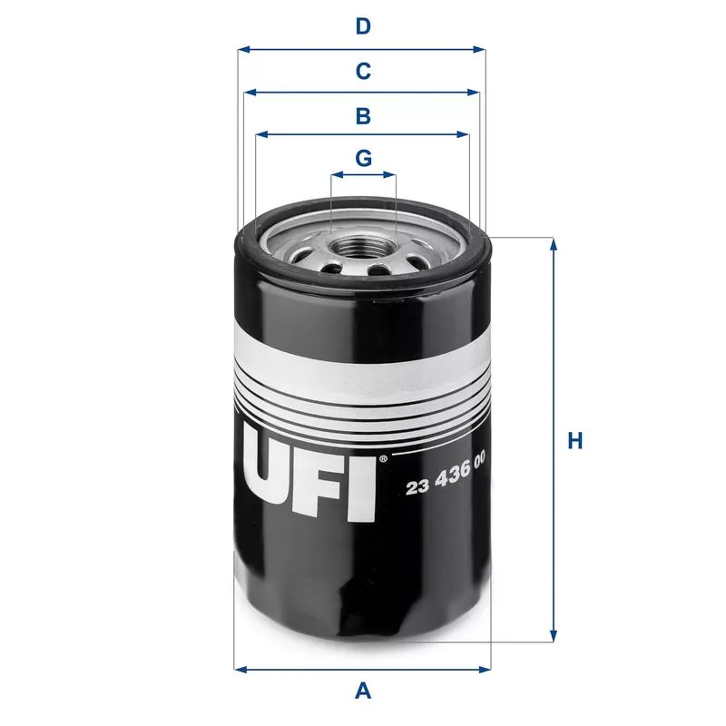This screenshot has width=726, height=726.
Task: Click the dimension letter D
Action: tap(363, 26)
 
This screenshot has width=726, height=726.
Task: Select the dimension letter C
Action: tap(363, 70)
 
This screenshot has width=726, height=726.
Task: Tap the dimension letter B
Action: tap(363, 115)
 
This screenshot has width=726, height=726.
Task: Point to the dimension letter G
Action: tap(363, 158)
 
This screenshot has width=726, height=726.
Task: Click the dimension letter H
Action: tap(574, 442)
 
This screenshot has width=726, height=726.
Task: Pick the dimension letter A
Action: tap(363, 691)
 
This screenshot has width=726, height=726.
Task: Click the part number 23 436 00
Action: tap(445, 486)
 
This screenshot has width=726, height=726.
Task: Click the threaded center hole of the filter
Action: tap(364, 245)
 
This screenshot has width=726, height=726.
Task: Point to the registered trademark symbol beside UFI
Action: tap(384, 458)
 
